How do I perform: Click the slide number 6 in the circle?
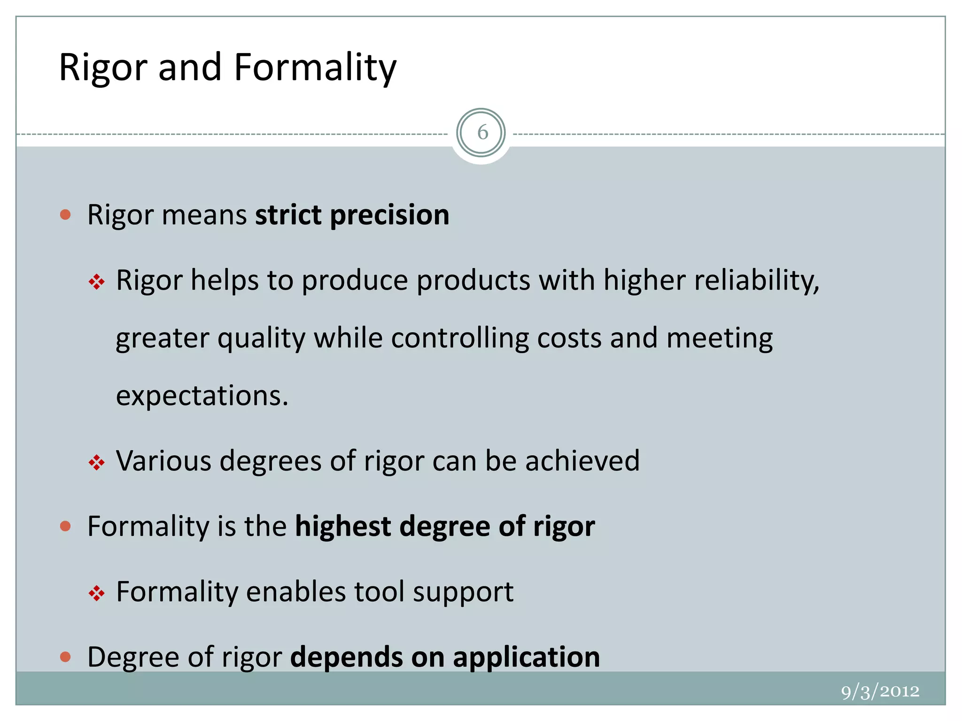[x=482, y=133]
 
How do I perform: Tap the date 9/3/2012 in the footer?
[x=880, y=691]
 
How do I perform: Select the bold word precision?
[x=389, y=215]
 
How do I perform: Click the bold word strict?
[x=288, y=215]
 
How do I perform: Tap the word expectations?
[x=202, y=396]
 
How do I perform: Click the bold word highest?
[x=342, y=526]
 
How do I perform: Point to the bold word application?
[x=526, y=657]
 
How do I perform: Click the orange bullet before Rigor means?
[x=66, y=215]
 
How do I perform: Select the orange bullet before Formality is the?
[x=66, y=526]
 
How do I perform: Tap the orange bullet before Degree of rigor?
[x=66, y=657]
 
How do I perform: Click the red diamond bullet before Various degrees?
[x=97, y=463]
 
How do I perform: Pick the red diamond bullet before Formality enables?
[x=97, y=593]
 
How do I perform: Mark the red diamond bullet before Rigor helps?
[x=97, y=282]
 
